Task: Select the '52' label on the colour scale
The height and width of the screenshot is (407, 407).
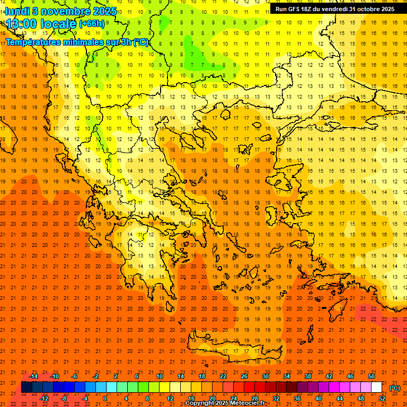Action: pyautogui.click(x=382, y=398)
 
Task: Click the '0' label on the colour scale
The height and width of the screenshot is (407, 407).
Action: pyautogui.click(x=105, y=398)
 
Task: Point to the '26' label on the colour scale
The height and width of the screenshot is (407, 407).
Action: pyautogui.click(x=244, y=376)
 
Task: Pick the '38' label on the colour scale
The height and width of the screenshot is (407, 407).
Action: pyautogui.click(x=307, y=376)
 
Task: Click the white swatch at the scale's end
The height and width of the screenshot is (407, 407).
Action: pyautogui.click(x=376, y=387)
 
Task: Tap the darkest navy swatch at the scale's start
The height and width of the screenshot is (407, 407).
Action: pyautogui.click(x=26, y=387)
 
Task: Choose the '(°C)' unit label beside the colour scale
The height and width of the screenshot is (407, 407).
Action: pyautogui.click(x=395, y=388)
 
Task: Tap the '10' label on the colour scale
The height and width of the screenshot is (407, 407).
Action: pyautogui.click(x=159, y=376)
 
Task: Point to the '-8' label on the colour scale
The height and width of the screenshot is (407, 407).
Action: pyautogui.click(x=64, y=398)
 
